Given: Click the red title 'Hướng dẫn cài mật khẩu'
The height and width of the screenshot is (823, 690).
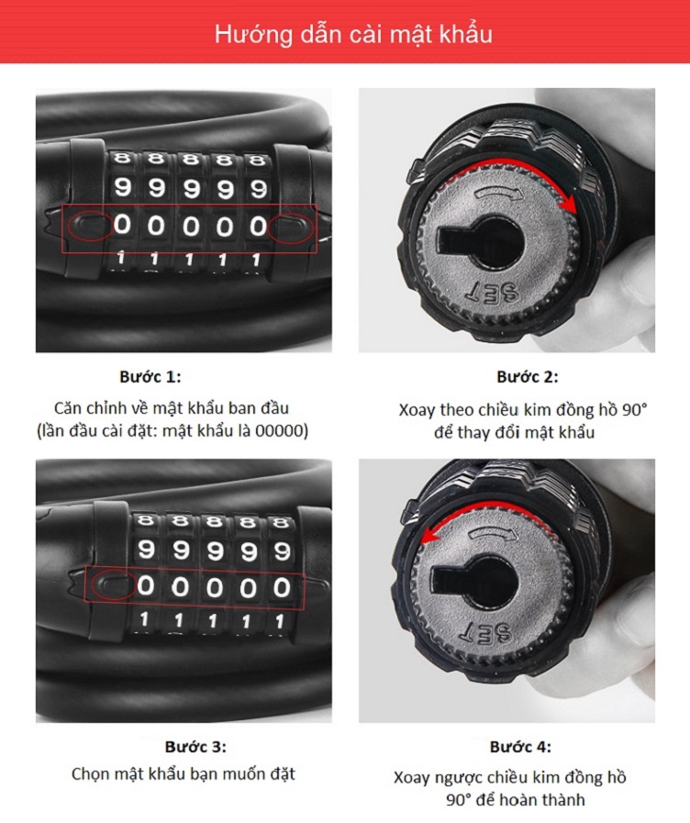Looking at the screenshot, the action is point(353,35).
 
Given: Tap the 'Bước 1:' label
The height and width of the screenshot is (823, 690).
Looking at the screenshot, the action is point(150,377).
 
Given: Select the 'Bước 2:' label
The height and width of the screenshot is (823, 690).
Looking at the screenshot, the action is point(528,377).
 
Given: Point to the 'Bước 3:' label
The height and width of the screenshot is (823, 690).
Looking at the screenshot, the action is point(195,746).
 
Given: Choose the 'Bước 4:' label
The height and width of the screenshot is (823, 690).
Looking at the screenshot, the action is point(520,746).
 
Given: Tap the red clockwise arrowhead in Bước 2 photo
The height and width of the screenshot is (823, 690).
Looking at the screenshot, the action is point(568,206).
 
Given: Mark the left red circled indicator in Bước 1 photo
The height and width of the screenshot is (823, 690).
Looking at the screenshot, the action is point(90,227).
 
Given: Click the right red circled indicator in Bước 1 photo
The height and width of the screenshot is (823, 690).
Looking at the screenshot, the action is point(291,228).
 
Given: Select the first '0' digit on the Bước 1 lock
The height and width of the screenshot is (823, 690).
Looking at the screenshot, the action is point(122,225).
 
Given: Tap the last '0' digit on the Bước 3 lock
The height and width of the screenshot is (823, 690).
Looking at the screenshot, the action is point(282,587).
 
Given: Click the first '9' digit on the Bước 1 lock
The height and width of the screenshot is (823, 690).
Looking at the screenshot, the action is point(122,187).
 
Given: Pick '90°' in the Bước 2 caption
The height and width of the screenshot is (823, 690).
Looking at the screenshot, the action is point(635,409).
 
